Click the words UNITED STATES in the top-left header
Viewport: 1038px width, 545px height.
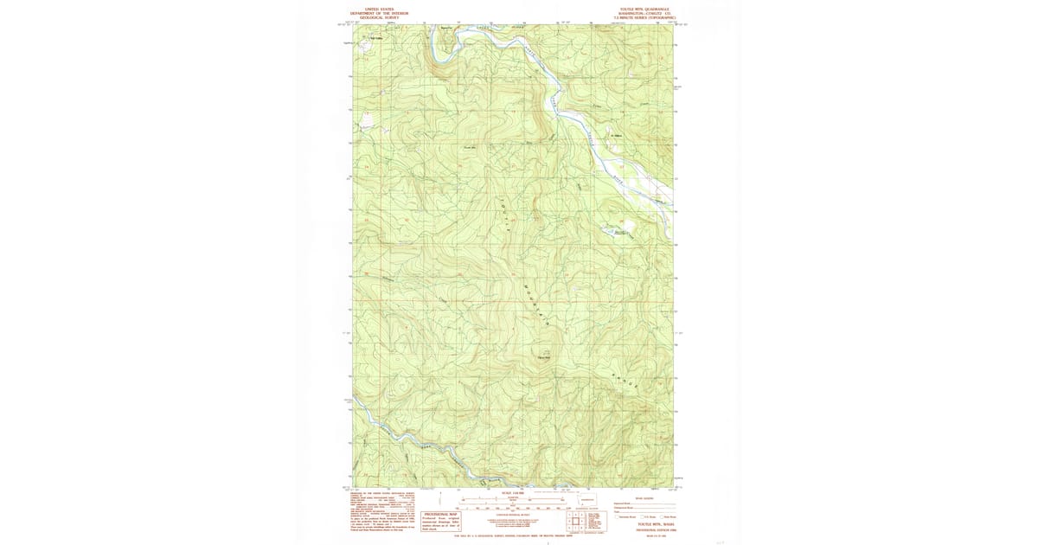[378, 9]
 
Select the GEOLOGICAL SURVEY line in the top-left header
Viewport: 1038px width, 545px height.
[378, 17]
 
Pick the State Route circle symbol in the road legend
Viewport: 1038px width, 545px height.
[663, 516]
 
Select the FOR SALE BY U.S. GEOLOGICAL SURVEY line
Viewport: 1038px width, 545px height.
[513, 536]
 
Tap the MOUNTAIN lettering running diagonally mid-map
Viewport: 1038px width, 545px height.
[535, 303]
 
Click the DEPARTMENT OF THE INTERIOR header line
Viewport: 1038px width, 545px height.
[378, 13]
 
